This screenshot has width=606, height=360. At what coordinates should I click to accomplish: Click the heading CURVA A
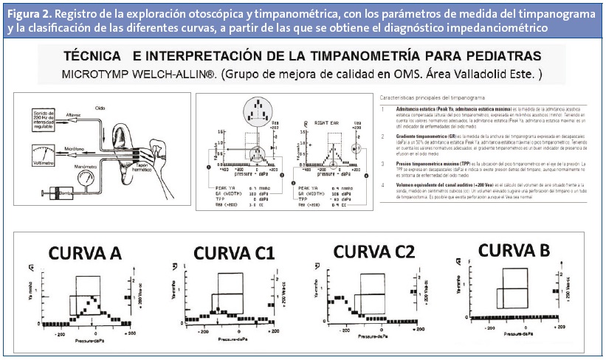tap(86, 253)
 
